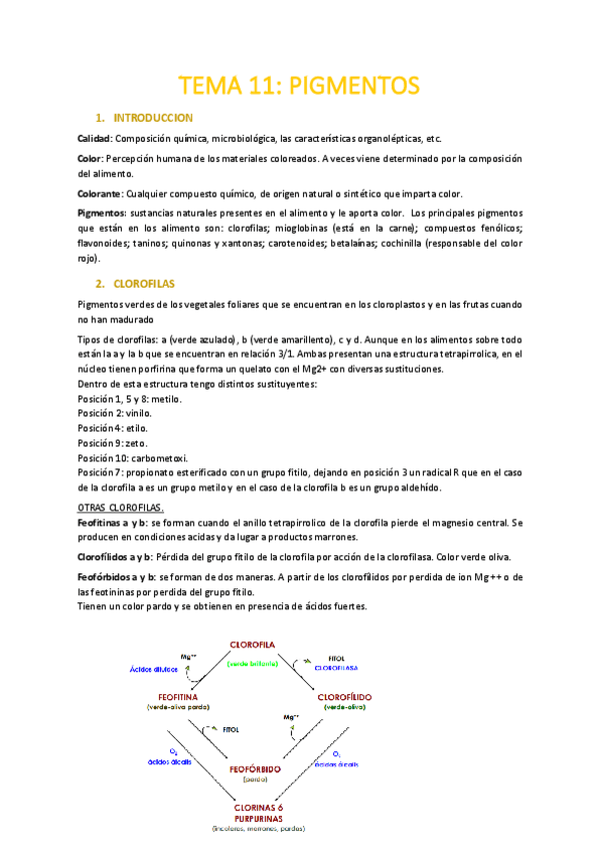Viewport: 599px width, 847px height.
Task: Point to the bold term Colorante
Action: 100,194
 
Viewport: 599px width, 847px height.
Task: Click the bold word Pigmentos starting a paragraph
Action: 101,214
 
